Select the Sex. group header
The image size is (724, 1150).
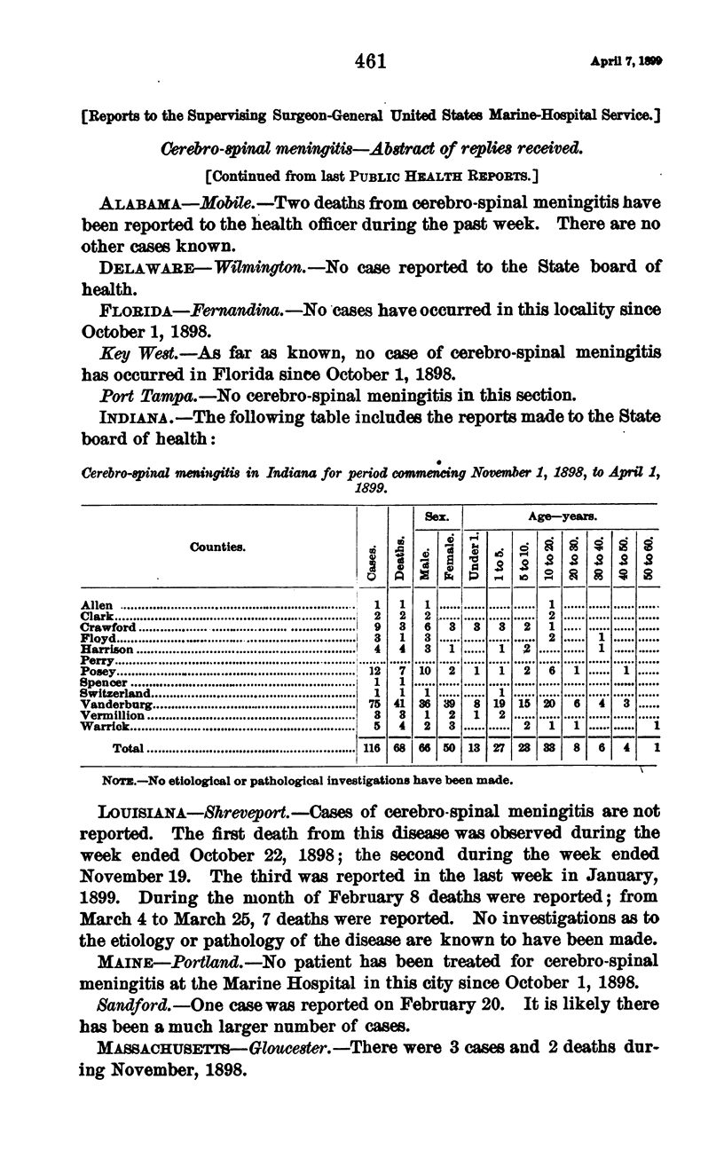436,515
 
